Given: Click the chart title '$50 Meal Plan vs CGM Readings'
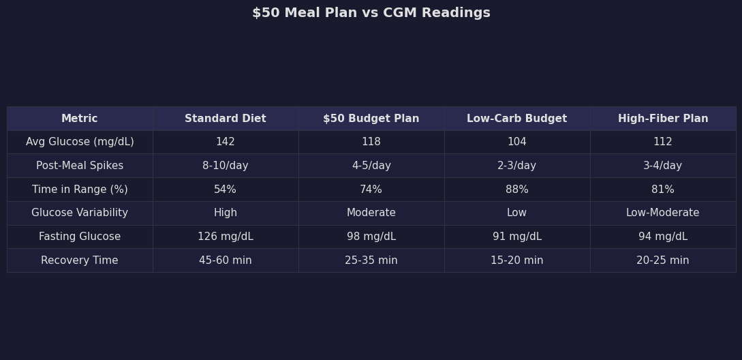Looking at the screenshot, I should point(371,13).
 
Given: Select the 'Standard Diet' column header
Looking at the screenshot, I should point(226,119).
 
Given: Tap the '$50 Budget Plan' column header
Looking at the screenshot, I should point(371,119).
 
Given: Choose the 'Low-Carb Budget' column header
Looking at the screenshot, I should point(517,119).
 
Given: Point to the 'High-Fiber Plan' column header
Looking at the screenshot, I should point(663,119).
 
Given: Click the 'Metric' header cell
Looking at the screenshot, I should point(80,119).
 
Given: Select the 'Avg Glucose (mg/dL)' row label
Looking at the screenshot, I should point(80,142).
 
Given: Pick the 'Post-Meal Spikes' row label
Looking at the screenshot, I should point(80,166).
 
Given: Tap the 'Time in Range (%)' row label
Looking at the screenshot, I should point(80,190).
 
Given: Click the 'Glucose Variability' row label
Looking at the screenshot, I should point(80,213).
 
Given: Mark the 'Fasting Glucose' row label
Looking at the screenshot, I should point(80,237).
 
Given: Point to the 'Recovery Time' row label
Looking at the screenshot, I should point(80,260).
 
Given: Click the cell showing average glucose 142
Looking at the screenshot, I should point(226,142).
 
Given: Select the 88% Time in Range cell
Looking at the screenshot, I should point(517,190).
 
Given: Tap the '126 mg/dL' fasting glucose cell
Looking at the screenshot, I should point(226,237).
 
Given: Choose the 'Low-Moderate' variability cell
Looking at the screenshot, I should point(663,213).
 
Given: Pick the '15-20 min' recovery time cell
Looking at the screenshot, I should point(517,260).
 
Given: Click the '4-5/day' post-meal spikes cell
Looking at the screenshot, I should point(371,166).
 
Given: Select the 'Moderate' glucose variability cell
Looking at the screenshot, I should point(371,213).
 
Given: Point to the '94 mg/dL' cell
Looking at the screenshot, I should point(663,237).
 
